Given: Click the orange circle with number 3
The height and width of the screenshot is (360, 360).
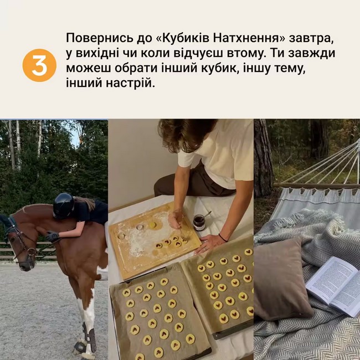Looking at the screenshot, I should [39, 65].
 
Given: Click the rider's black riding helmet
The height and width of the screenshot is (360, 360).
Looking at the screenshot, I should [63, 205].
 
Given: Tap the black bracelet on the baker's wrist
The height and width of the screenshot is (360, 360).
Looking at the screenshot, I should [222, 238].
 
